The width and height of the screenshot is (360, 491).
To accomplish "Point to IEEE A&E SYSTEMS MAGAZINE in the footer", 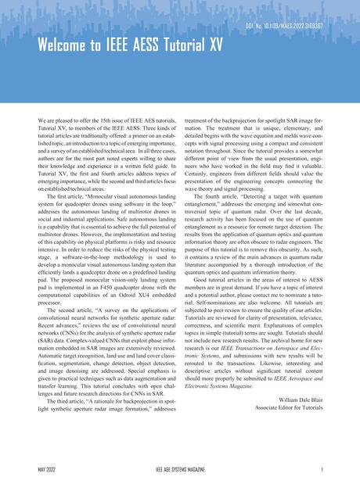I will click(x=179, y=470).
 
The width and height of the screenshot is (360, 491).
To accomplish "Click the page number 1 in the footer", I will click(x=333, y=470).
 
